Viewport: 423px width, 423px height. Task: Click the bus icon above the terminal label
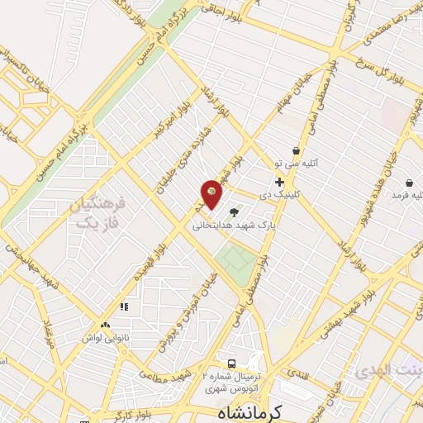click(232, 364)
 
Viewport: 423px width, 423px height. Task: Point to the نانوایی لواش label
click(105, 337)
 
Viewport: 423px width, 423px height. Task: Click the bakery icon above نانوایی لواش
click(105, 325)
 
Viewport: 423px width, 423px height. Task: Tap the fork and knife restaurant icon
click(125, 307)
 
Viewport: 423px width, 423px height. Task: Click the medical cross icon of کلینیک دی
click(280, 183)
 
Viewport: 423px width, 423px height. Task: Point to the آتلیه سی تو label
click(307, 164)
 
